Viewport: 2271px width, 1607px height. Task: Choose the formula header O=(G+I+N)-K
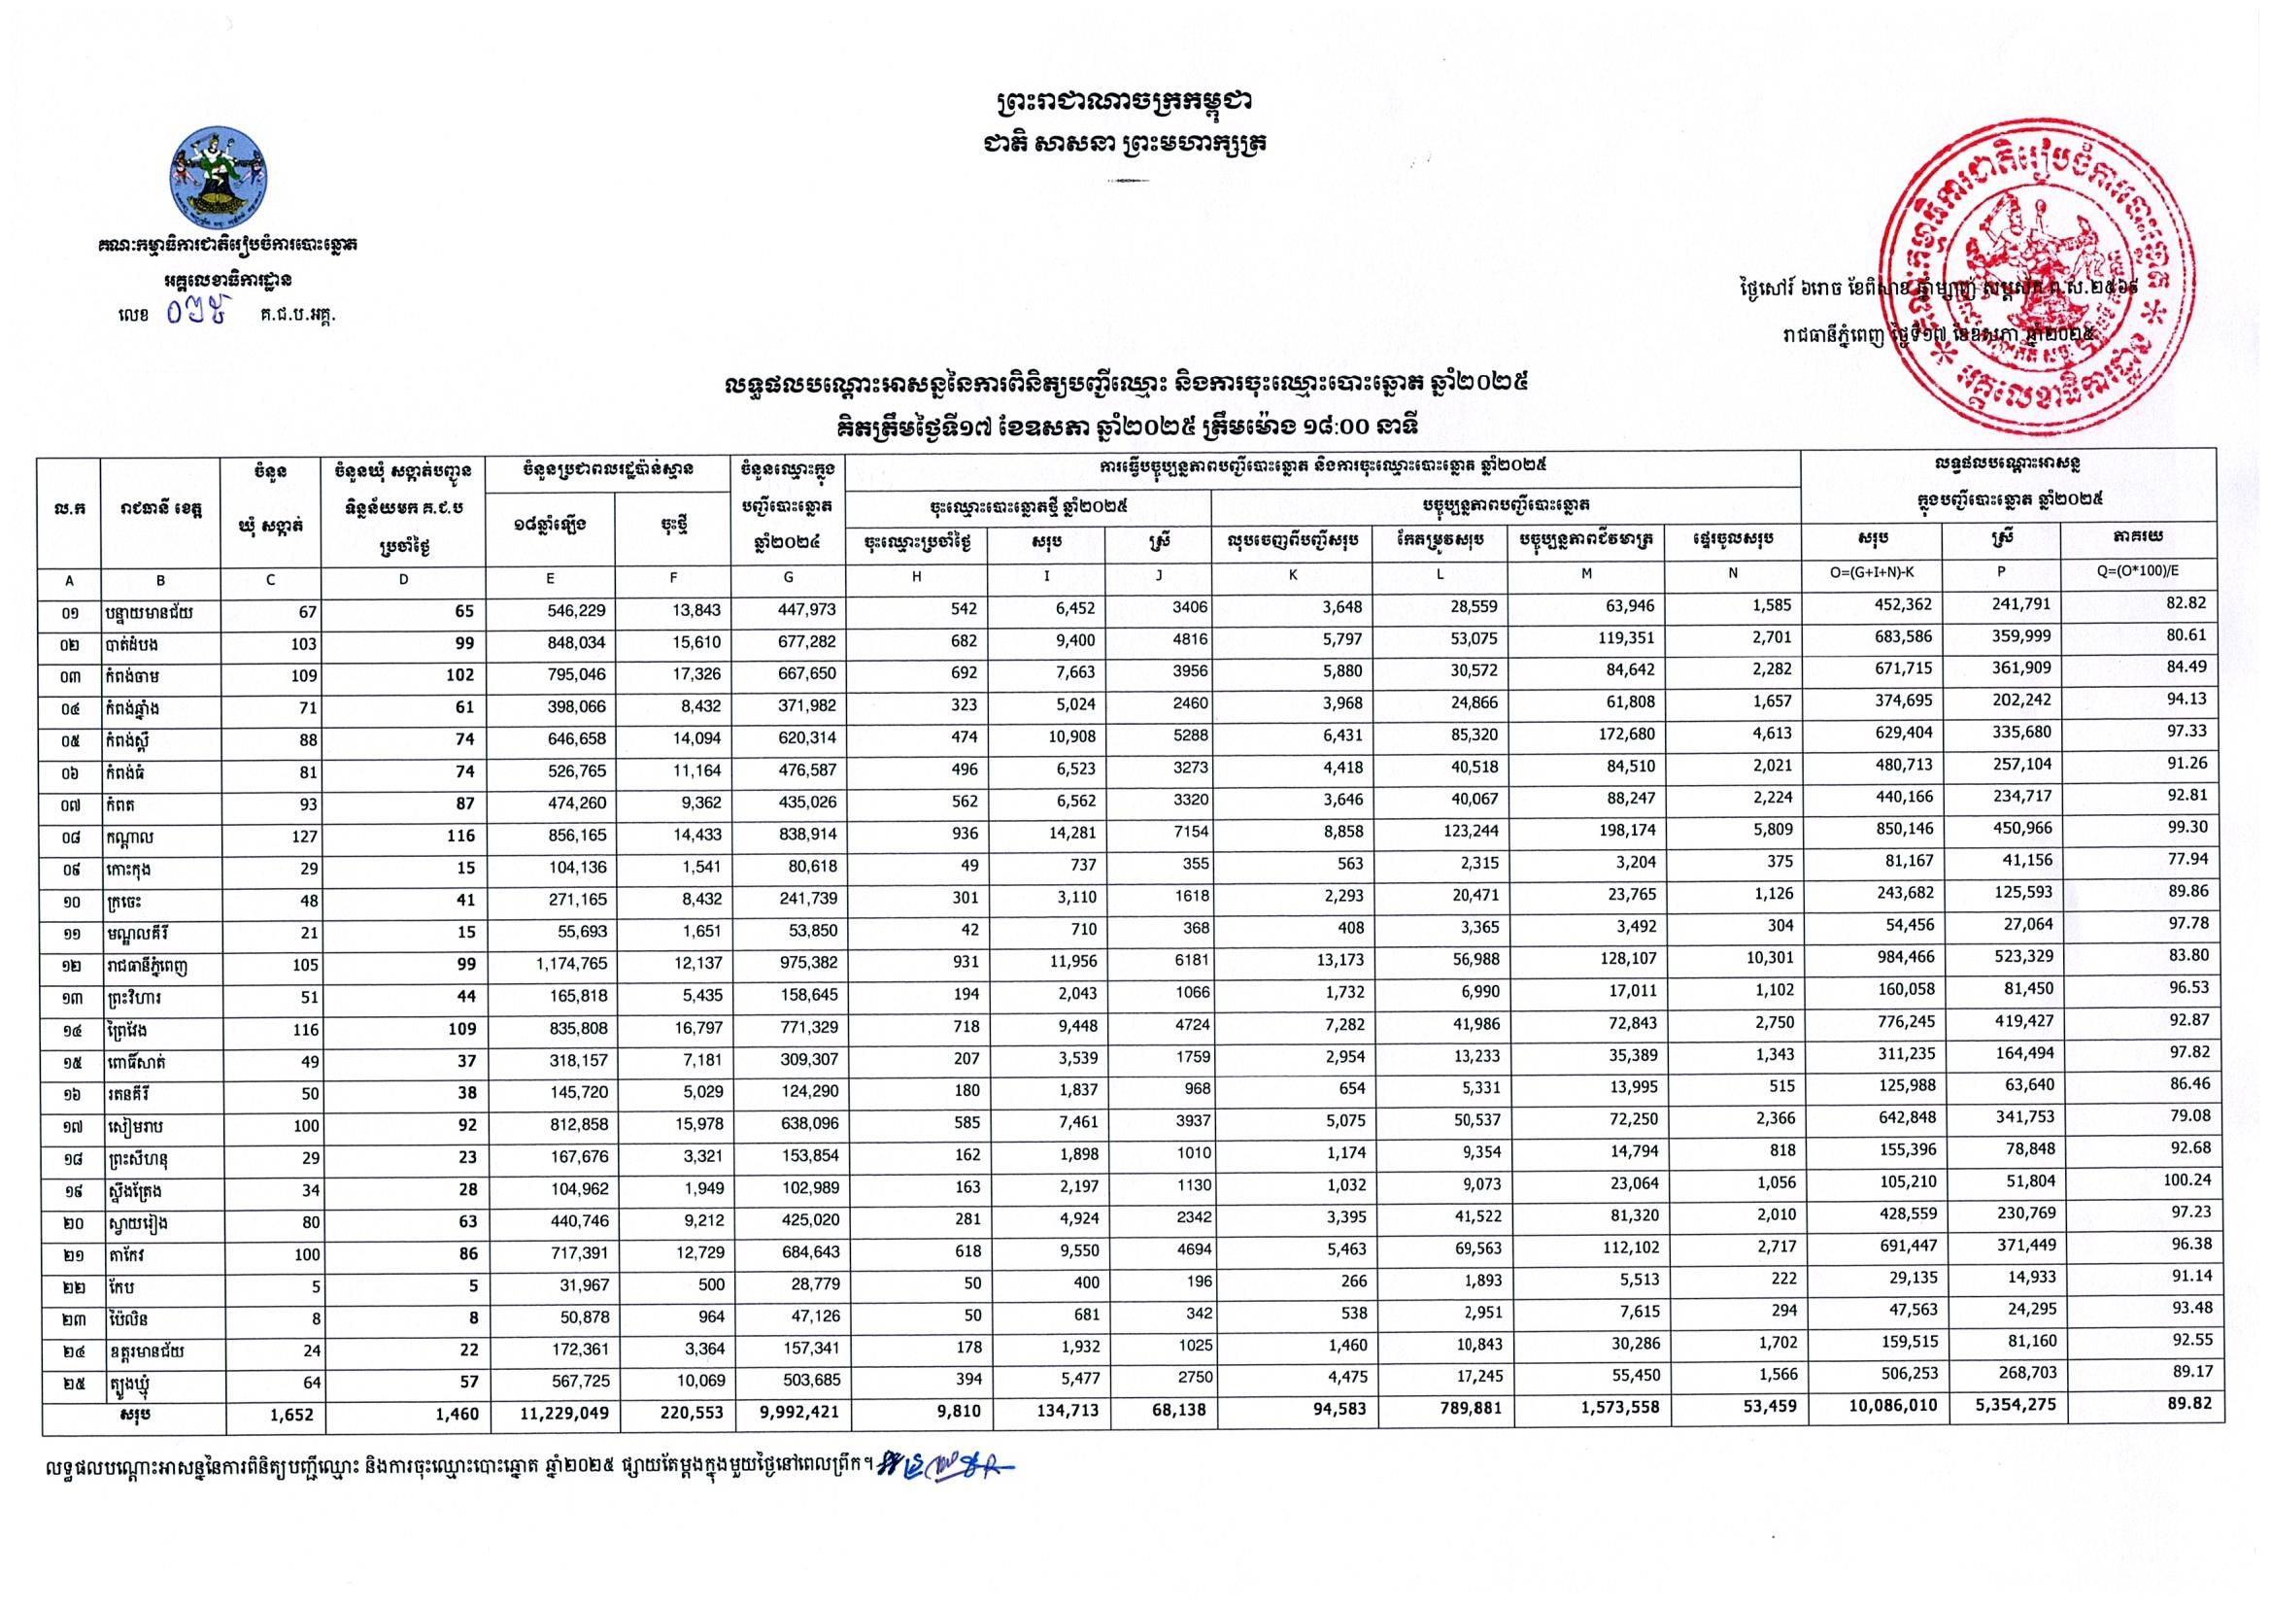coord(1880,573)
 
